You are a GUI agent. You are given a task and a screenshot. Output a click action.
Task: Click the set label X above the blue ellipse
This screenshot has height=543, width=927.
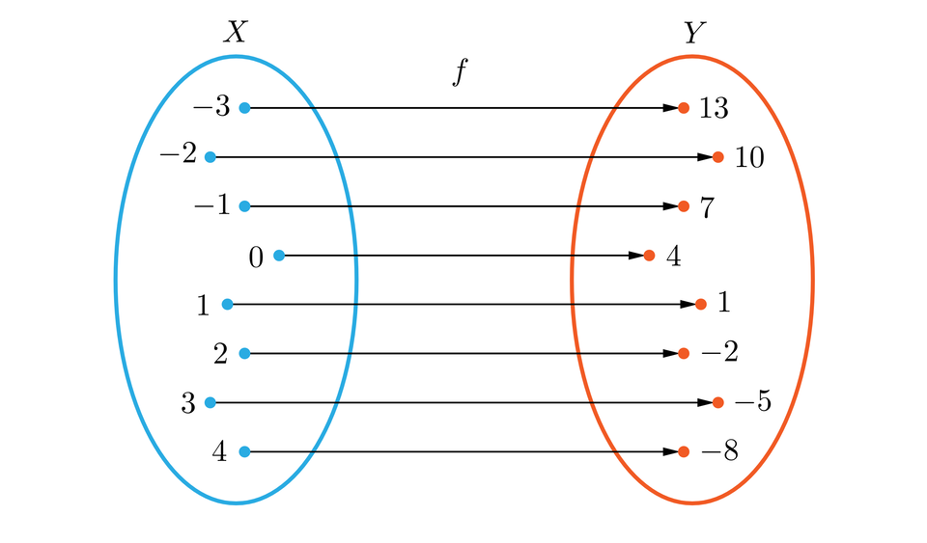236,33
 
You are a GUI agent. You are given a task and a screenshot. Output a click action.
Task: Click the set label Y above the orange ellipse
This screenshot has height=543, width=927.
693,33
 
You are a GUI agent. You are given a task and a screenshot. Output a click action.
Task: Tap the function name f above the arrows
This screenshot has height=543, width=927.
462,74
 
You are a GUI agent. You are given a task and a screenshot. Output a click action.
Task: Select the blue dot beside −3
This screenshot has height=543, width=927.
244,108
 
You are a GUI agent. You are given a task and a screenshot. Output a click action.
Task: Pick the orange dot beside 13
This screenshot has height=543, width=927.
684,108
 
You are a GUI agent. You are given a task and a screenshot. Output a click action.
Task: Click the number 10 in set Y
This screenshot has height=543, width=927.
749,157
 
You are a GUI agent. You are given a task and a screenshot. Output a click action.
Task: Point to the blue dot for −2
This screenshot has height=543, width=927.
210,156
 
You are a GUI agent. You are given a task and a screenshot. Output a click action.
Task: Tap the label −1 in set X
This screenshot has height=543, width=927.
212,206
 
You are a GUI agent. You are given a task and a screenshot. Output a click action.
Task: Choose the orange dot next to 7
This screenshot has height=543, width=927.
684,206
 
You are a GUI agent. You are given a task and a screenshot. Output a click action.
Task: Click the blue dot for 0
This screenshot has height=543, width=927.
279,256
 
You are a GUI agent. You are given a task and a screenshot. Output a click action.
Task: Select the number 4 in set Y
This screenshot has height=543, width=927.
674,258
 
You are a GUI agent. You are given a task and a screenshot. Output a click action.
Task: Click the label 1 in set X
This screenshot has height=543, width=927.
203,306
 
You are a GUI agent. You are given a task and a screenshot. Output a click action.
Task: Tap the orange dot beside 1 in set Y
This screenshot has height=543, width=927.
701,305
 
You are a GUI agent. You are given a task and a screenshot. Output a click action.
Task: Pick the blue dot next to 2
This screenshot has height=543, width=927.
244,354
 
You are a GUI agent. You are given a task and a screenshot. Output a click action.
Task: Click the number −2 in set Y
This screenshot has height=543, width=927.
719,354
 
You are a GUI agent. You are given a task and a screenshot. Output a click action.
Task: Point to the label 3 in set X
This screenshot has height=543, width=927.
188,403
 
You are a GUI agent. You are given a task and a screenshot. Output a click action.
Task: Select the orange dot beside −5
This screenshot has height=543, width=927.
717,402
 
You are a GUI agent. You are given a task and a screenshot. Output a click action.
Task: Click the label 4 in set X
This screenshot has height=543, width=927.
219,451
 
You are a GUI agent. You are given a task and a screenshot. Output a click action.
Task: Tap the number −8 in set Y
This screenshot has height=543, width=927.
719,451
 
